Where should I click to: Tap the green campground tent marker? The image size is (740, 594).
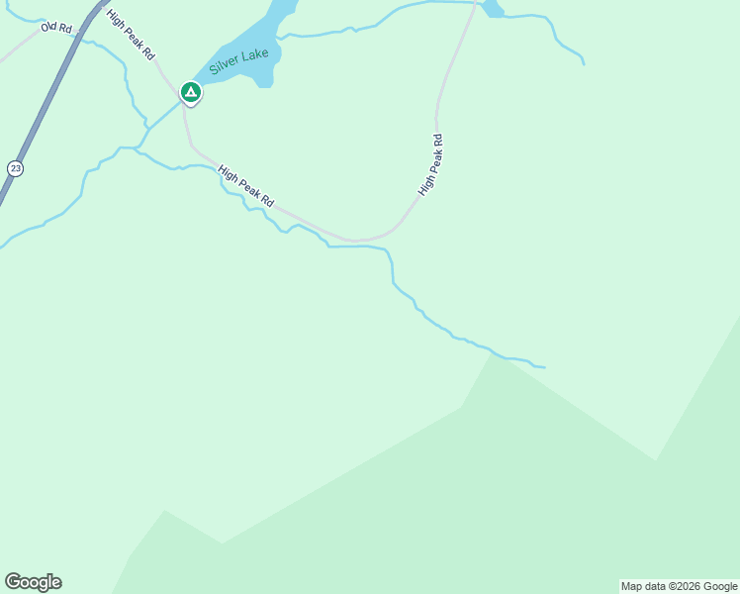(x=190, y=93)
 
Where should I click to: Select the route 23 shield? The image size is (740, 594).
(x=14, y=168)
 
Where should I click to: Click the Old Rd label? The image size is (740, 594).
(x=56, y=28)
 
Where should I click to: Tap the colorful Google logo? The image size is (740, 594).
(x=33, y=582)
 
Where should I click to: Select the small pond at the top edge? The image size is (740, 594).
(x=492, y=9)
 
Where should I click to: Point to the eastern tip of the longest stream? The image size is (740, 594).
(x=544, y=367)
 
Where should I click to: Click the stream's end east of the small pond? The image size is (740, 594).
(x=584, y=64)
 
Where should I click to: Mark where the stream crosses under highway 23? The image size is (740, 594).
(x=3, y=244)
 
